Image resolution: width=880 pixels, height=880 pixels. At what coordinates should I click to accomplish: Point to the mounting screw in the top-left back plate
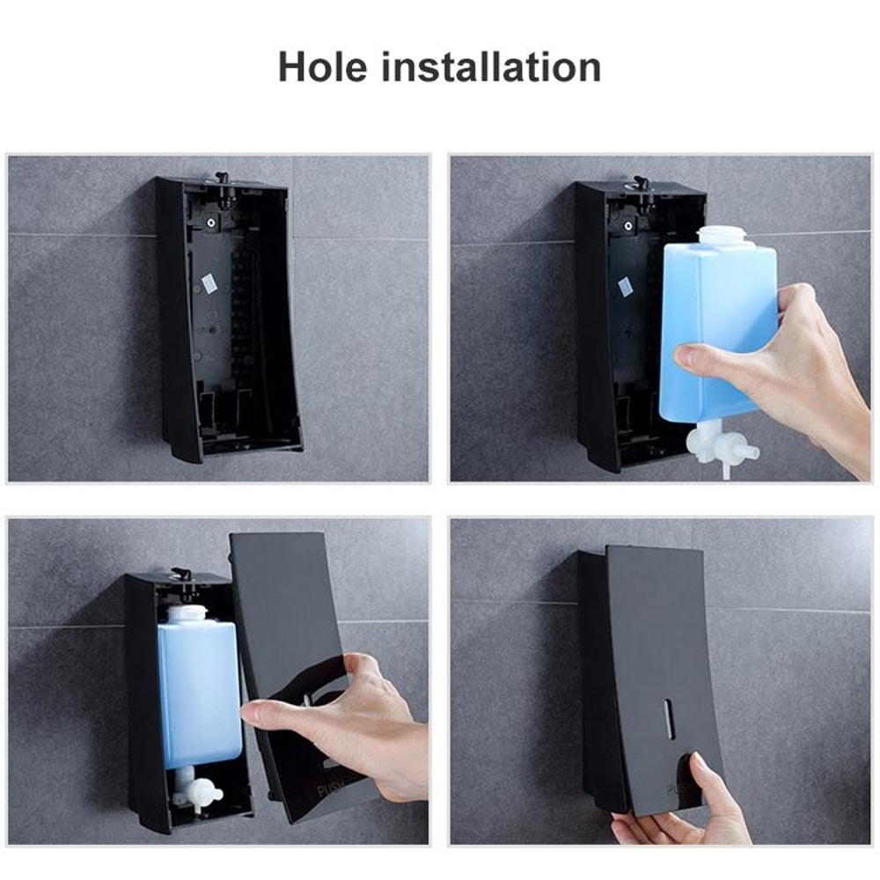211,224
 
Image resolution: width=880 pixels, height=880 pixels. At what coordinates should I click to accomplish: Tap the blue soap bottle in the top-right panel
717,326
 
